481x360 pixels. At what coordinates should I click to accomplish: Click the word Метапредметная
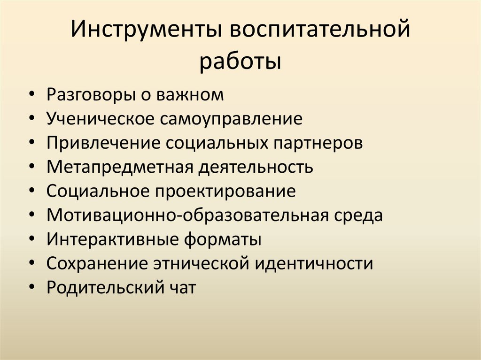(x=118, y=167)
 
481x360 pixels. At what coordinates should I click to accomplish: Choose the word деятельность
(x=255, y=167)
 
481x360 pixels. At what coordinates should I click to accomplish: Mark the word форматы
(x=223, y=240)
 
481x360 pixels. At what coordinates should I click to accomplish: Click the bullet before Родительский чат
(x=31, y=288)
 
